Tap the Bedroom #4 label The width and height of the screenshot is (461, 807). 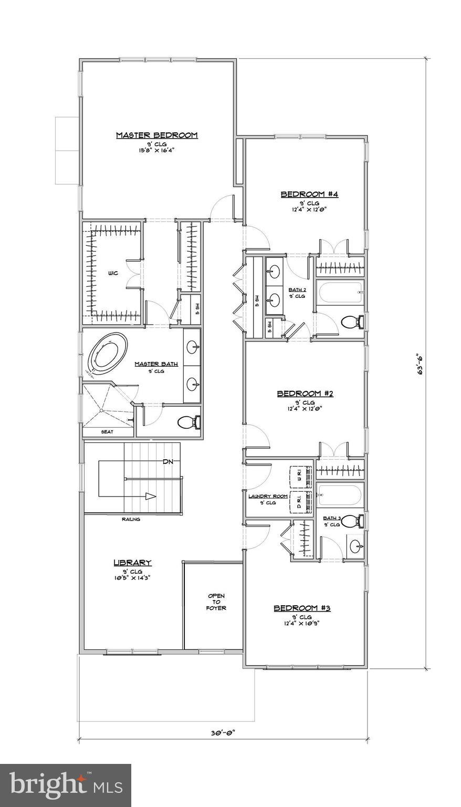(x=309, y=194)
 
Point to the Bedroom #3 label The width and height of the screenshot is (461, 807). (x=302, y=608)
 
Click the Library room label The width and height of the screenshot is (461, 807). (x=132, y=563)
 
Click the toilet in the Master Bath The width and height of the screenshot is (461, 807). (x=187, y=421)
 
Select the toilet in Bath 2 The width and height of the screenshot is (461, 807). (x=351, y=321)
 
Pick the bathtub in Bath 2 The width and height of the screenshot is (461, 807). (x=340, y=292)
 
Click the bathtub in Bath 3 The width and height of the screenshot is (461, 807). (x=340, y=495)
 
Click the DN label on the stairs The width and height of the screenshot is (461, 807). (x=167, y=462)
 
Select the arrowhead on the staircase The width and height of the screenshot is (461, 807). (x=151, y=496)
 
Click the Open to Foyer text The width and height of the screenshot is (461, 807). (x=216, y=602)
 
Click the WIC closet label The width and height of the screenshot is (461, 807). (x=112, y=273)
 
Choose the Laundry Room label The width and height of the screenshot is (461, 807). (x=268, y=496)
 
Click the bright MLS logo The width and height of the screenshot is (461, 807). (x=66, y=784)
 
